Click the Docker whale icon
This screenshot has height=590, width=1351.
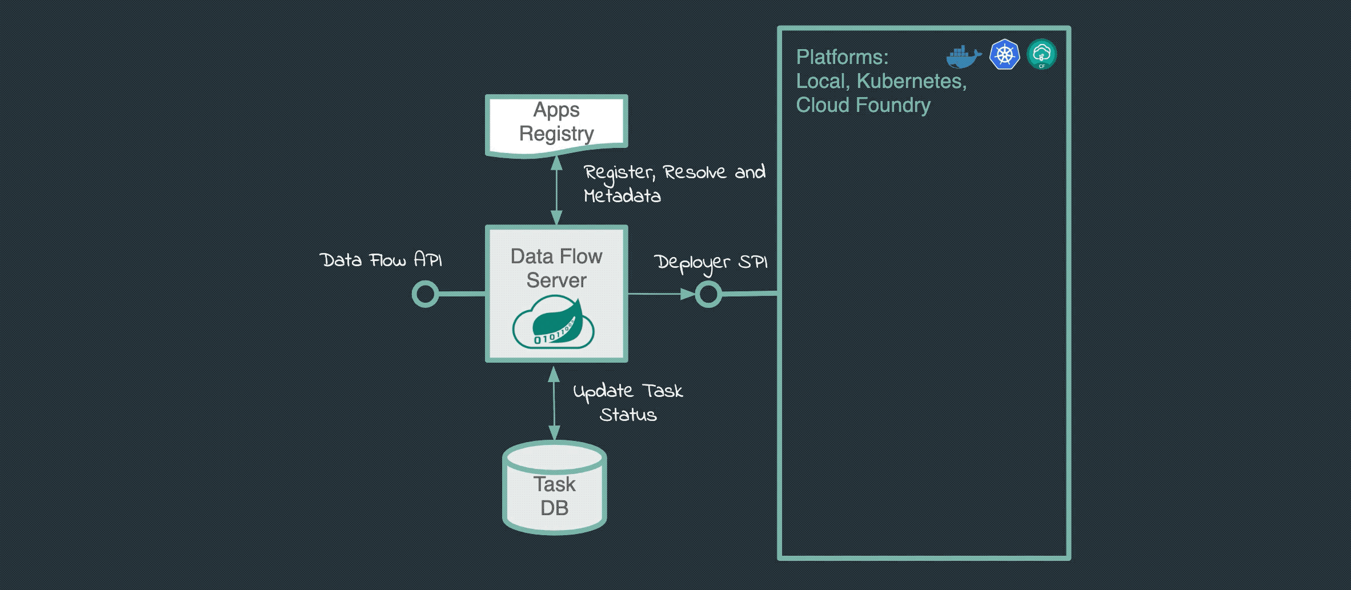(963, 57)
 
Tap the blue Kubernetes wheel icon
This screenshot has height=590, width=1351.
(1004, 55)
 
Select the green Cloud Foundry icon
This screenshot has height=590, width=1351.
(1041, 54)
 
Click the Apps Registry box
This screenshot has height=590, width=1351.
(556, 123)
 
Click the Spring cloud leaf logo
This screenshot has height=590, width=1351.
(554, 323)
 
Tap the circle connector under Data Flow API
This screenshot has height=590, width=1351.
(425, 294)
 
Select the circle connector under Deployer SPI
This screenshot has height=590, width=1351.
(708, 294)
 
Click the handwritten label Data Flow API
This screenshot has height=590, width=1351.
(380, 260)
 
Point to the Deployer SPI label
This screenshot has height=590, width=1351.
(710, 263)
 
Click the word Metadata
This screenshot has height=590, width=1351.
(622, 196)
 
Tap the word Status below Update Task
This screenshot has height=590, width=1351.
(628, 415)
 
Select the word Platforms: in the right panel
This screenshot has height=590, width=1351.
(842, 57)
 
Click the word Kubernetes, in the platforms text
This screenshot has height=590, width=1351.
(911, 81)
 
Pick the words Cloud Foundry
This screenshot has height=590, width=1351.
(863, 105)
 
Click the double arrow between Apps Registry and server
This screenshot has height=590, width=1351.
(556, 190)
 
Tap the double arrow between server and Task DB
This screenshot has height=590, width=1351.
(554, 403)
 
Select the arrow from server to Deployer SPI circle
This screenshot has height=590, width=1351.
(660, 294)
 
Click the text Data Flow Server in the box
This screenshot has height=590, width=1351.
(556, 268)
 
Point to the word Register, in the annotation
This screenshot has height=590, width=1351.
(619, 172)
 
